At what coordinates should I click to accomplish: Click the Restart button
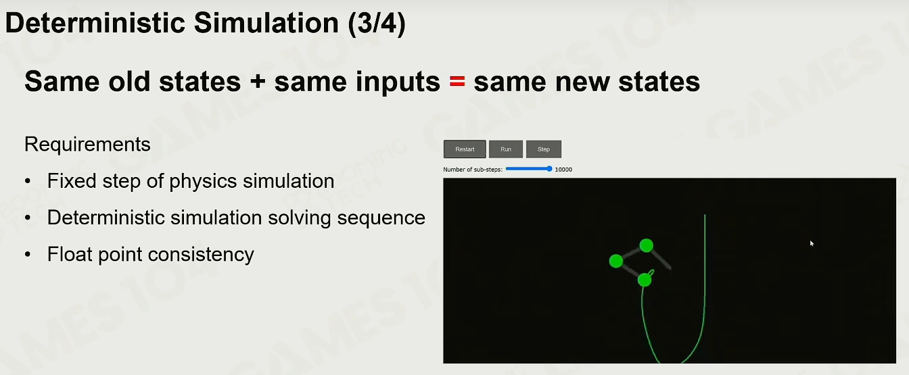pyautogui.click(x=465, y=149)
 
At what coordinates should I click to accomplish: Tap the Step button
pyautogui.click(x=544, y=149)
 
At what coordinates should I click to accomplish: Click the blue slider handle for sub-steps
pyautogui.click(x=549, y=169)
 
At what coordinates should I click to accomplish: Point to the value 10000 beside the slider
pyautogui.click(x=563, y=170)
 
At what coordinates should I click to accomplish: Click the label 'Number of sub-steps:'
pyautogui.click(x=473, y=170)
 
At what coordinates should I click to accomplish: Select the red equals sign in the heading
pyautogui.click(x=457, y=82)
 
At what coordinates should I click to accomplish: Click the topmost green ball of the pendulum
pyautogui.click(x=647, y=245)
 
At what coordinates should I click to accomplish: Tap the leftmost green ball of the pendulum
pyautogui.click(x=616, y=261)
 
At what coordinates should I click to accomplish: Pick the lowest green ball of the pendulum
pyautogui.click(x=645, y=280)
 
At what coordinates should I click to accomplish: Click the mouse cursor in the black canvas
pyautogui.click(x=812, y=243)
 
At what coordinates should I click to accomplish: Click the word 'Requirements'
pyautogui.click(x=87, y=145)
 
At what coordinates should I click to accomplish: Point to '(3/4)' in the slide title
pyautogui.click(x=376, y=23)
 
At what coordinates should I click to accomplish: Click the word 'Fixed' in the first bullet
pyautogui.click(x=72, y=181)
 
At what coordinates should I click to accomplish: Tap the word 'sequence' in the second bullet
pyautogui.click(x=381, y=218)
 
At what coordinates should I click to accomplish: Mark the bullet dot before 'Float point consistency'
pyautogui.click(x=28, y=255)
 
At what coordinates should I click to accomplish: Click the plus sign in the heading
pyautogui.click(x=258, y=82)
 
